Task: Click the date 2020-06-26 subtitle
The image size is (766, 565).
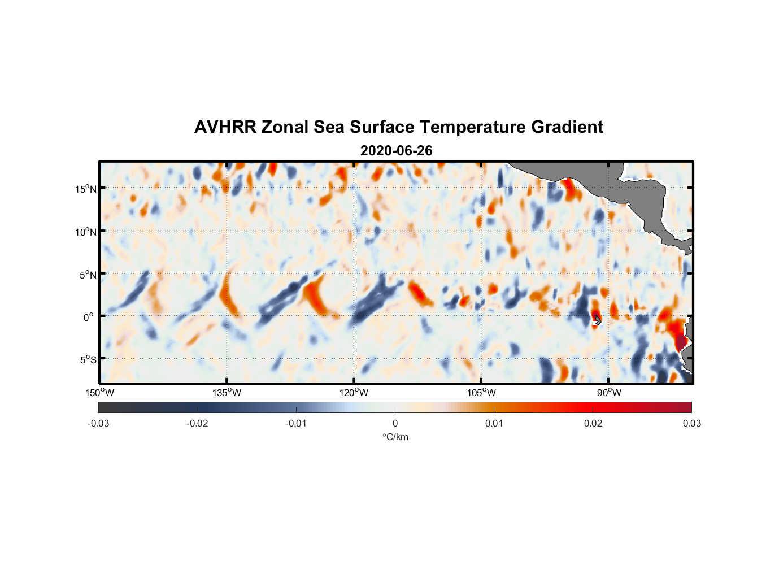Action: (396, 151)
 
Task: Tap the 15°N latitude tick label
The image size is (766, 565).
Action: (86, 189)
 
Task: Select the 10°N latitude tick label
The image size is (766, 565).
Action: (86, 232)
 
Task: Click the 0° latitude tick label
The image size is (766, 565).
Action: (89, 317)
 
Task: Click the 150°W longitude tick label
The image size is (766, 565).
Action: (100, 393)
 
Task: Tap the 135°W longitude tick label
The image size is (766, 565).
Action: (227, 393)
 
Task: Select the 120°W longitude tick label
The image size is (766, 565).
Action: (354, 393)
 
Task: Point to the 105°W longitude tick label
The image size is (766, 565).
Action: (481, 393)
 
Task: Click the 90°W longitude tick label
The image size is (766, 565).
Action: (609, 393)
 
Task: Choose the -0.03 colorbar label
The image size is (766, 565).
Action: (98, 423)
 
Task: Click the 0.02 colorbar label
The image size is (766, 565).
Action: (593, 423)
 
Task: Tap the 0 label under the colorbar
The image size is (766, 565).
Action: (395, 423)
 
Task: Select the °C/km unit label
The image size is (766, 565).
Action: (395, 437)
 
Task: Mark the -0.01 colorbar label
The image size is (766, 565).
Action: (296, 423)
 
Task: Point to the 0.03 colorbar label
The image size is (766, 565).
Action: (691, 423)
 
